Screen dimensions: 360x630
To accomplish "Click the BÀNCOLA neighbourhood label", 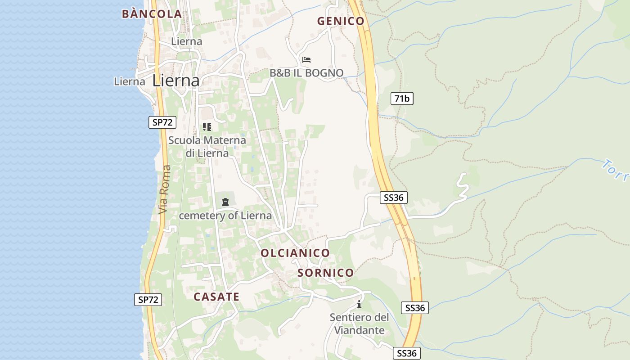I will pos(152,14).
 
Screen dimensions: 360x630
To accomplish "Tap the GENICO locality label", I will pos(341,21).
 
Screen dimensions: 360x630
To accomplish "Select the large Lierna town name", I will pos(176,81).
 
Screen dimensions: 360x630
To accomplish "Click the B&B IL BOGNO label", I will pos(306,73).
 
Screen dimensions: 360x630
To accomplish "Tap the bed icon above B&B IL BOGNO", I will pos(306,59).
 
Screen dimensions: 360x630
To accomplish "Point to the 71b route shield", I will pos(402,99).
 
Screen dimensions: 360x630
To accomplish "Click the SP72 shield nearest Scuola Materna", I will pos(162,122).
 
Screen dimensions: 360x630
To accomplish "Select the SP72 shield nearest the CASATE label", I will pos(148,300).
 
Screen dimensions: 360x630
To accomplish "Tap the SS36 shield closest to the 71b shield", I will pos(394,197).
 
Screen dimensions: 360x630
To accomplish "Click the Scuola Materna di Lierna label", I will pos(207,147).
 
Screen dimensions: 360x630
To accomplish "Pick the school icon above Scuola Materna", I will pos(207,127).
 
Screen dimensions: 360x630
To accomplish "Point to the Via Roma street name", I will pos(165,189).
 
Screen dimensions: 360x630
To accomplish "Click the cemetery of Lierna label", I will pos(225,216).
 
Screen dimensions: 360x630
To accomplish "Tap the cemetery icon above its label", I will pos(225,202).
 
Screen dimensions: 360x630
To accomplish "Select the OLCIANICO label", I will pos(295,253).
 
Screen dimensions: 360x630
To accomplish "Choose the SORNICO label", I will pos(326,273).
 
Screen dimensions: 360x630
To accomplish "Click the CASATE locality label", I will pos(216,297).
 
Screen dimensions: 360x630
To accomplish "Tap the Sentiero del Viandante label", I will pos(359,324).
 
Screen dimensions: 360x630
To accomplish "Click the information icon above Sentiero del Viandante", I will pos(359,304).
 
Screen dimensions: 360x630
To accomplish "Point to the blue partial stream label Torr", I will pos(616,170).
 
